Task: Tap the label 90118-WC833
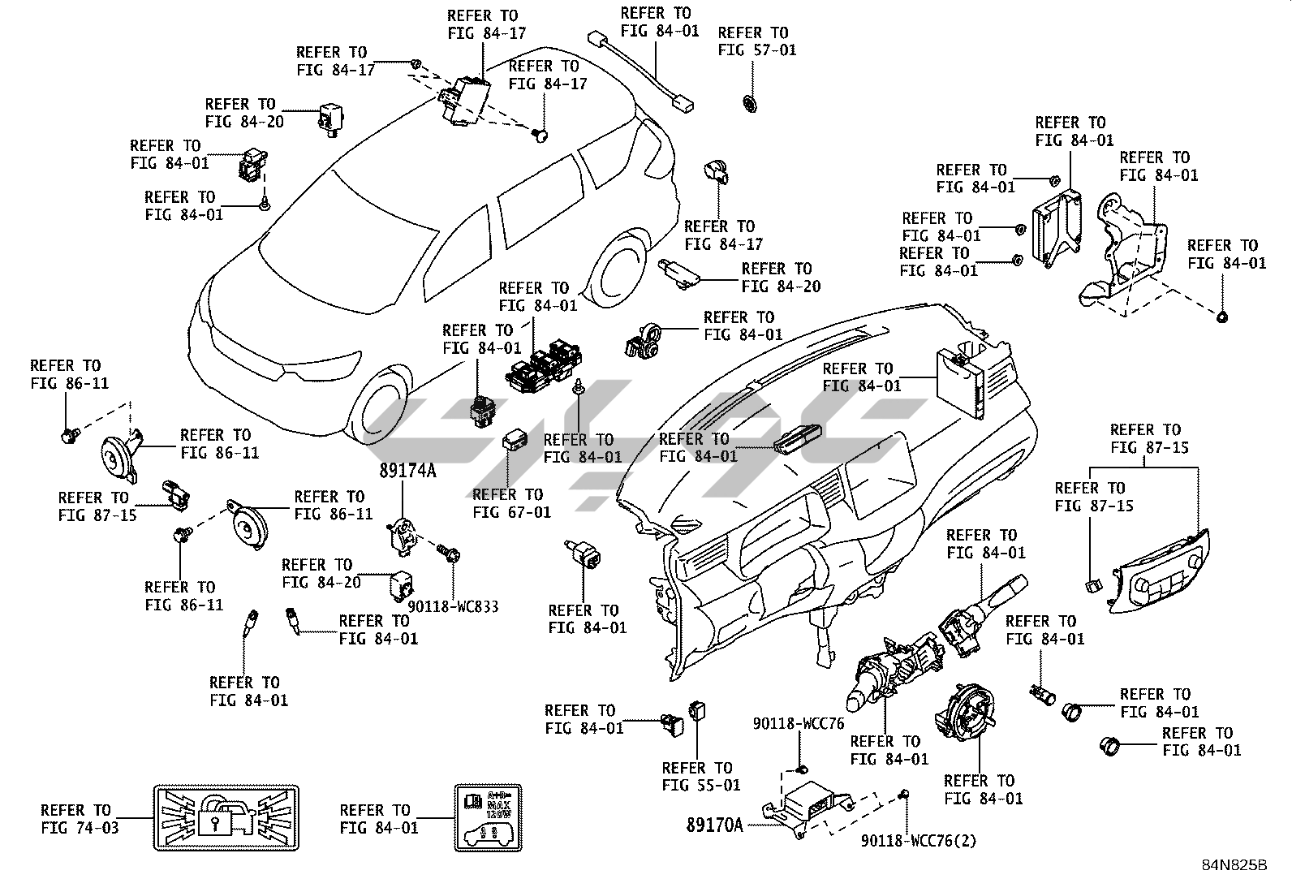click(453, 606)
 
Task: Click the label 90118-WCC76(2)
click(919, 842)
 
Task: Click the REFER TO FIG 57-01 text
click(756, 41)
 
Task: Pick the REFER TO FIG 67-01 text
click(511, 503)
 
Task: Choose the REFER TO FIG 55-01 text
click(701, 777)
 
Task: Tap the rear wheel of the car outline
click(621, 268)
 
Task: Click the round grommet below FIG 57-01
click(750, 103)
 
